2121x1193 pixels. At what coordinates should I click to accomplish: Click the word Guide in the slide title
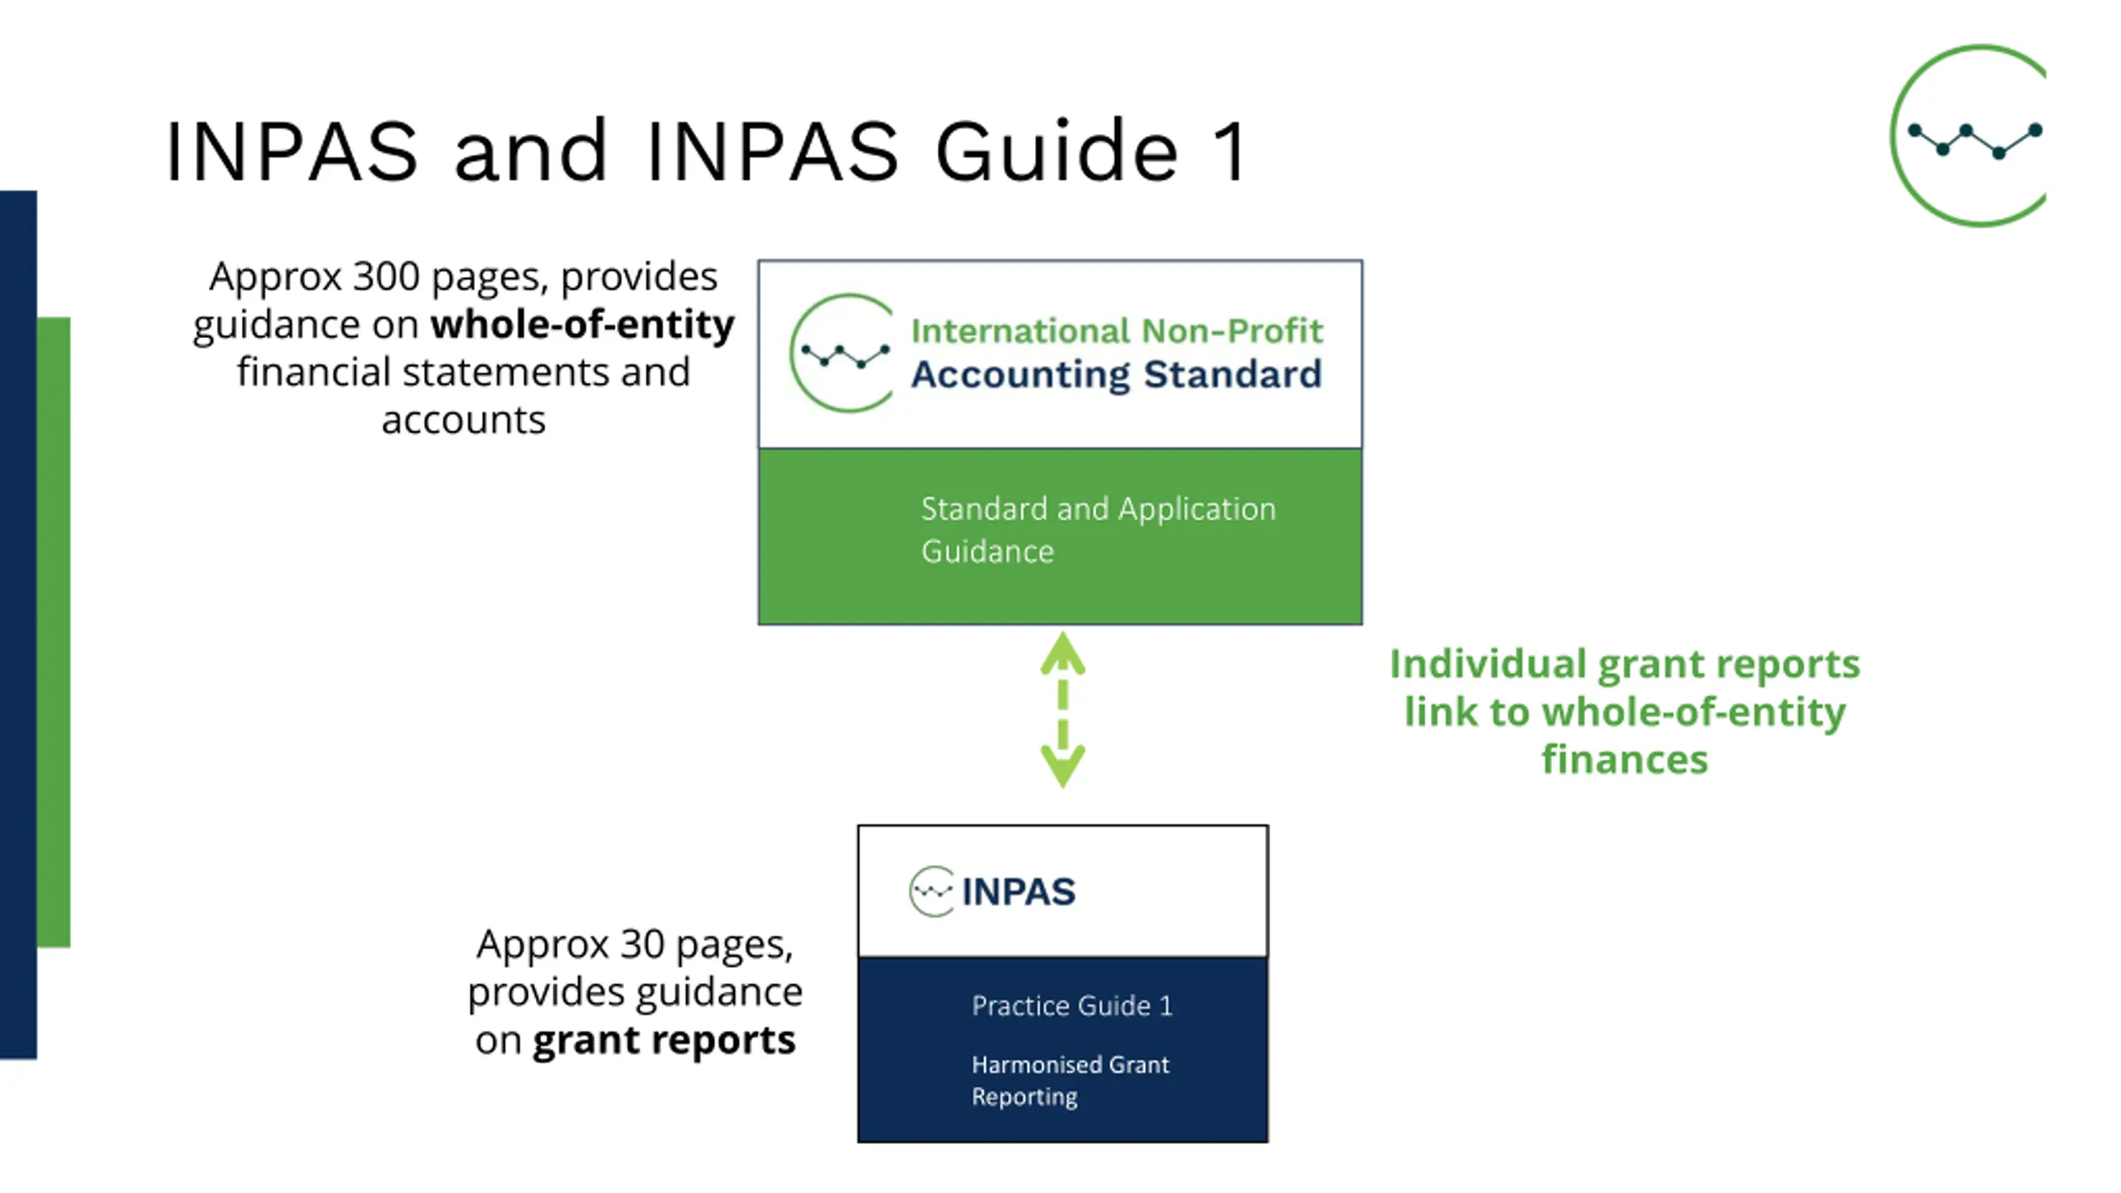pos(1057,151)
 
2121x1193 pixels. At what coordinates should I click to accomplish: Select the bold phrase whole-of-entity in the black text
pos(582,324)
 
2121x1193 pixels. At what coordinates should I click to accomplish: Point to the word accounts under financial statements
pos(463,420)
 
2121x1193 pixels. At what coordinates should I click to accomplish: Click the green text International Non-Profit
pos(1117,331)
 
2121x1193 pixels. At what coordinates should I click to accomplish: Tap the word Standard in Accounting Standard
pos(1233,374)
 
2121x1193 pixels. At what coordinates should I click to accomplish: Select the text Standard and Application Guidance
pos(1098,530)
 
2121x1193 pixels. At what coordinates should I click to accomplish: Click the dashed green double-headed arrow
pos(1063,709)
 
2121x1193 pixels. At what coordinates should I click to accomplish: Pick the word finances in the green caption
pos(1625,759)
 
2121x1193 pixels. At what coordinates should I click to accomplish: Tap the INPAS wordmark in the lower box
pos(1018,892)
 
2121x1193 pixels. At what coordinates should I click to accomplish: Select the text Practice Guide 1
pos(1072,1006)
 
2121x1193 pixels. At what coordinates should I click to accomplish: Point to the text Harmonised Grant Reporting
pos(1070,1080)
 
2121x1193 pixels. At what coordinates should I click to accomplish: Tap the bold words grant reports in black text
pos(664,1041)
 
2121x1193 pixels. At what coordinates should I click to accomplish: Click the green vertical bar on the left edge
pos(54,631)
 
